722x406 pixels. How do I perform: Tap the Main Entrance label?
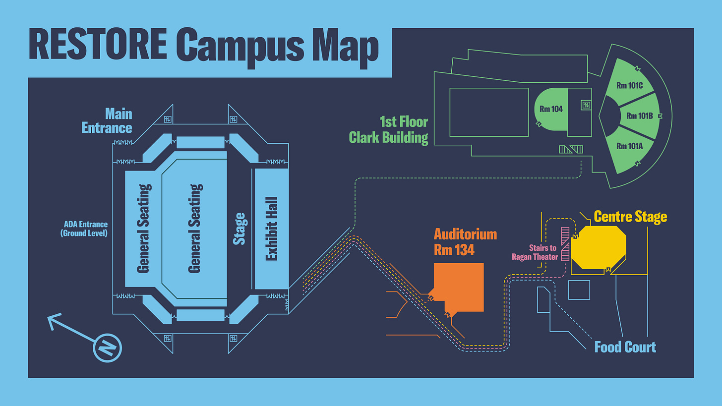(107, 121)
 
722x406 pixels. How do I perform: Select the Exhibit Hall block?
(271, 229)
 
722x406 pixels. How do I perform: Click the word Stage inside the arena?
(240, 229)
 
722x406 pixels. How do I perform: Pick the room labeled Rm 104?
(551, 109)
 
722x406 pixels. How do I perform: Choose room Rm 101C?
(629, 85)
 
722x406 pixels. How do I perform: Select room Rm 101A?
(629, 146)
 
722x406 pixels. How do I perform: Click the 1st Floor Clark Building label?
(389, 129)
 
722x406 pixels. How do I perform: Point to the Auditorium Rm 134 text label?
(465, 242)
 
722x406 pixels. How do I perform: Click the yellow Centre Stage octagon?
(599, 247)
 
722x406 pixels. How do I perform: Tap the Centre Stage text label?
(630, 217)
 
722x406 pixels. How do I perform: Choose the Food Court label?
(625, 347)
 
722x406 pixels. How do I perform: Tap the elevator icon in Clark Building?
(586, 105)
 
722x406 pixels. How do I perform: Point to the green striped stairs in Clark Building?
(571, 149)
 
